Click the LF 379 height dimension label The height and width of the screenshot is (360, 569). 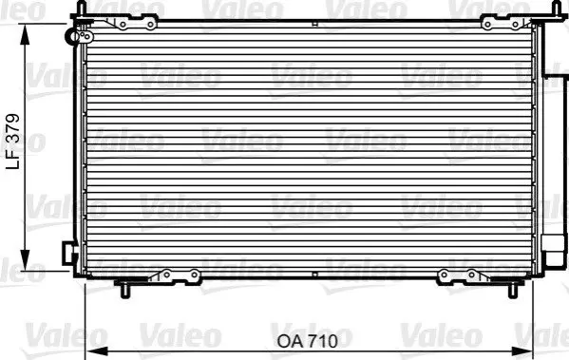(x=13, y=142)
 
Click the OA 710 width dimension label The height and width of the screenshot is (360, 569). (x=308, y=341)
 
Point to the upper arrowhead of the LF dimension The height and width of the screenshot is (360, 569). (x=25, y=34)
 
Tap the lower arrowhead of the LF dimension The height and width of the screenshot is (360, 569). (x=25, y=260)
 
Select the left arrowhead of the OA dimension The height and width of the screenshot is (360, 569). (x=97, y=351)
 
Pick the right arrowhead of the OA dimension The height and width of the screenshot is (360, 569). (x=522, y=351)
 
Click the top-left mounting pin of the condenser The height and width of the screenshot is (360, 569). (x=82, y=8)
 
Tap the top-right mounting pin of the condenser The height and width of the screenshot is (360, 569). (x=556, y=8)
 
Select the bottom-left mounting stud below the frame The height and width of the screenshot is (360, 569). (x=124, y=291)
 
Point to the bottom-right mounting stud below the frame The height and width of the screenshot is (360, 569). (x=512, y=291)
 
